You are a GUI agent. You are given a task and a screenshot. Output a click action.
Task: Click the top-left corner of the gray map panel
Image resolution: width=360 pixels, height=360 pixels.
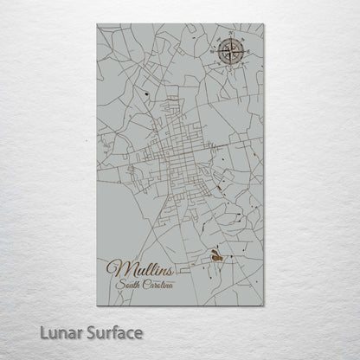click(98, 23)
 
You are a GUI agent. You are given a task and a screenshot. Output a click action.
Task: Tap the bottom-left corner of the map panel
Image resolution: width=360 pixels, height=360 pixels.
click(98, 305)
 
